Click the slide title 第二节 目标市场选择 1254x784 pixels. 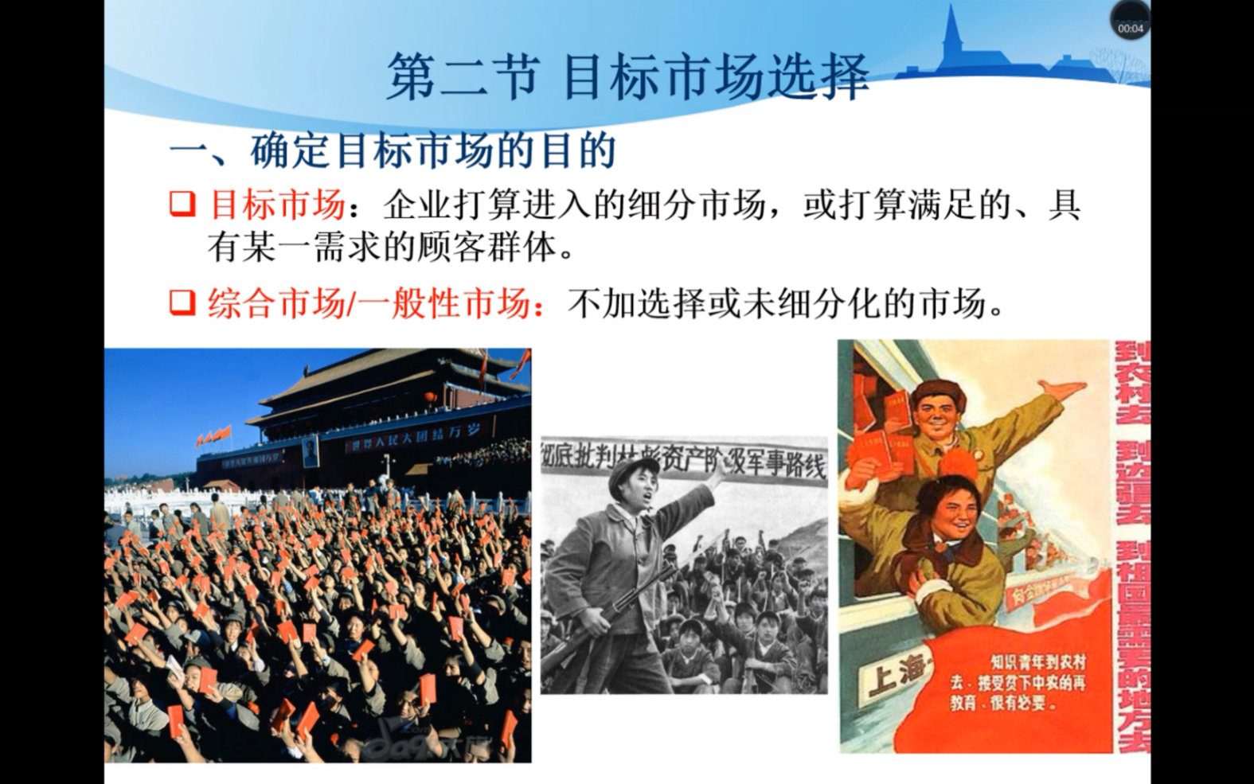coord(627,77)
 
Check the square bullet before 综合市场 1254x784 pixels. coord(182,302)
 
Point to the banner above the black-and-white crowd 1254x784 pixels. coord(685,461)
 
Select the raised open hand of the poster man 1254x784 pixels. coord(1060,390)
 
